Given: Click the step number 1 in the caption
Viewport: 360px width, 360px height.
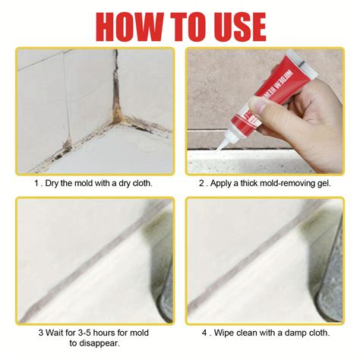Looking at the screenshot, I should click(36, 183).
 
